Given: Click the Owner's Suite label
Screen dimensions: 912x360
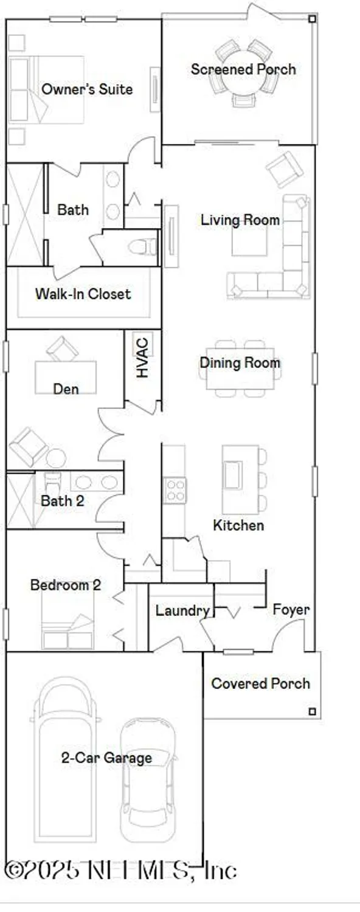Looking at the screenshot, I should [86, 89].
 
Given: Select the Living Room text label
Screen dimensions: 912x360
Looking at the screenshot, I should [240, 219].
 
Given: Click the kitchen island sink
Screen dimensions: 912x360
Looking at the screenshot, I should [232, 474].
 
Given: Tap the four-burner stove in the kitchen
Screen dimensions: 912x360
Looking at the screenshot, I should [176, 490].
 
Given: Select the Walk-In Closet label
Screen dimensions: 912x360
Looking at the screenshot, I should [83, 294].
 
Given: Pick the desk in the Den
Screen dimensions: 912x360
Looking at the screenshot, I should [65, 377].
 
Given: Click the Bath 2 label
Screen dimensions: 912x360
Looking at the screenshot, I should [62, 502].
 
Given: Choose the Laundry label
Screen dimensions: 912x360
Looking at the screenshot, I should [182, 610].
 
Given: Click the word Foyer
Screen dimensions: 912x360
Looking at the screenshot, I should [291, 609].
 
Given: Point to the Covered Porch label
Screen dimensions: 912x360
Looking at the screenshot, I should [260, 683].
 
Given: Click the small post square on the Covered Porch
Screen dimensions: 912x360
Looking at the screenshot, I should [312, 711].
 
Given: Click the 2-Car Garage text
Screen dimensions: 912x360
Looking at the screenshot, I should [106, 758].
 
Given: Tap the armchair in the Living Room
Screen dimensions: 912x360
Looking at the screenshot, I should [284, 169].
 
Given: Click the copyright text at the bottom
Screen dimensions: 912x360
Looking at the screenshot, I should [120, 871].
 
